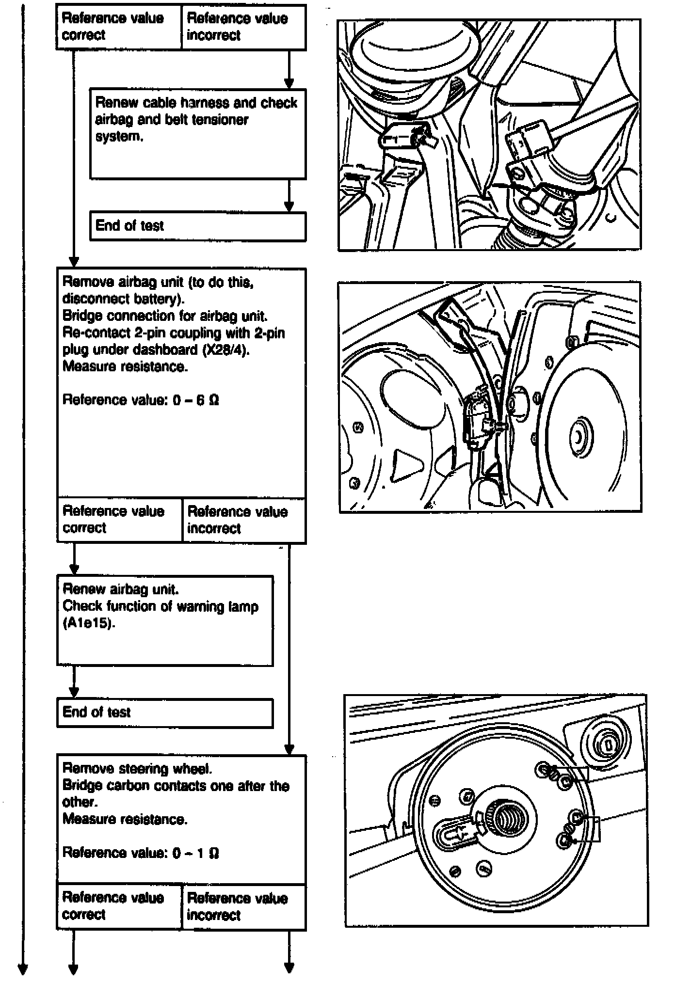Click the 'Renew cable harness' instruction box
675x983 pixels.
[x=198, y=134]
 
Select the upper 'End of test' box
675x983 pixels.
[x=198, y=226]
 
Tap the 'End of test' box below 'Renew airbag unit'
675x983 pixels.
[x=165, y=713]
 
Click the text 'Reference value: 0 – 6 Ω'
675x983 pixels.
[x=141, y=400]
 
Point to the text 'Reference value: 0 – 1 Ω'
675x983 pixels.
[x=141, y=853]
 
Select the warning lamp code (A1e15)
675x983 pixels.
[x=89, y=623]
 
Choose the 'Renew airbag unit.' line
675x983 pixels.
[x=121, y=589]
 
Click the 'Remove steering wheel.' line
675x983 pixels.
[x=137, y=769]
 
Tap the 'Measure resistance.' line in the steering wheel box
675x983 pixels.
[x=125, y=819]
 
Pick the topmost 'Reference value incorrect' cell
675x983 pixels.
[x=243, y=27]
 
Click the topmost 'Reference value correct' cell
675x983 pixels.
[x=119, y=27]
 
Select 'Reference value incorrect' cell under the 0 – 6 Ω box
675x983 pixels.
[x=244, y=520]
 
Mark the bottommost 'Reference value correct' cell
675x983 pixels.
[x=119, y=906]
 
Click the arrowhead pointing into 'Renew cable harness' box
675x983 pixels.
[x=289, y=83]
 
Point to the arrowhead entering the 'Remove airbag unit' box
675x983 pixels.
[x=74, y=262]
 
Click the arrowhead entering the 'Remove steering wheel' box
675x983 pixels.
[x=289, y=749]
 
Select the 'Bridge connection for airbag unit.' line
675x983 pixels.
[x=165, y=316]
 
